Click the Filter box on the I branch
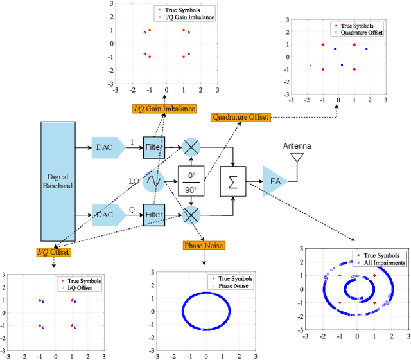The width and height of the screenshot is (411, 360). pos(153,148)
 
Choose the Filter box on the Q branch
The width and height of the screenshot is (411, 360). pos(153,214)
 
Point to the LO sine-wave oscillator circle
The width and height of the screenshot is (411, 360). pos(153,181)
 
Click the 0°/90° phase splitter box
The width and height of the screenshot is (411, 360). pos(191,181)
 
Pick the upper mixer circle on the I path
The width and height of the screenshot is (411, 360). pos(191,148)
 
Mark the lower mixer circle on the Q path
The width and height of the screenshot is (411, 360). pos(191,214)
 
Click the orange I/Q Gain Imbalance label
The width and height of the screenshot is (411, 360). pos(164,109)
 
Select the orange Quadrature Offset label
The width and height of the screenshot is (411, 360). pos(240,117)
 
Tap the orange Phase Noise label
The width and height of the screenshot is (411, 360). pos(204,245)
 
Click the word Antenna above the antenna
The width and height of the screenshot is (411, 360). pos(297,146)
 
